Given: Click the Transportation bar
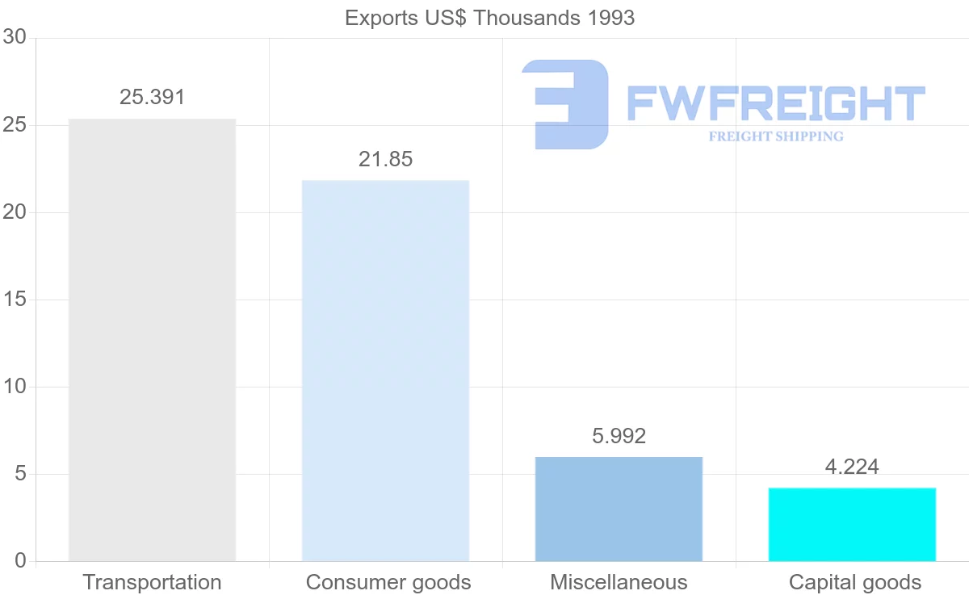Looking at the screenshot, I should pos(152,340).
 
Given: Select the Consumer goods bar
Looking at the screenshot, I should pos(385,371).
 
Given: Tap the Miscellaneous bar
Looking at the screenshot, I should pos(619,509).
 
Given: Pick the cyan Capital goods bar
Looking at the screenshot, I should pos(852,524).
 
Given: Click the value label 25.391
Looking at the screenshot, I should pos(153,98).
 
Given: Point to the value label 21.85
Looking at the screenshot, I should pos(385,159).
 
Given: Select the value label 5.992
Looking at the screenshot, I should pos(619,436).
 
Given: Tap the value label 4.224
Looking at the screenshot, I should pos(852,467).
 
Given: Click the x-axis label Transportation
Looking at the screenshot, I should pos(152,582).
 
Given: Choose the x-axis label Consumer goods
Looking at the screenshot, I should pos(388,582).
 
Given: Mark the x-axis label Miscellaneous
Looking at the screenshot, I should pos(619,582).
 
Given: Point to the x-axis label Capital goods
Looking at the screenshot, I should pos(855,582).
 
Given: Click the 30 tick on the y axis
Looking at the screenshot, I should pos(15,38).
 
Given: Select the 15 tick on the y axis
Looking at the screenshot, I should pos(15,300).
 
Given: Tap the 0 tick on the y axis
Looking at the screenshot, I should pos(20,561).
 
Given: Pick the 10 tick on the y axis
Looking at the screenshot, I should pos(15,387).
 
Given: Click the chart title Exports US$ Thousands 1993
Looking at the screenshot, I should pos(489,18).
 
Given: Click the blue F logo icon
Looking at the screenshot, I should pos(565,103).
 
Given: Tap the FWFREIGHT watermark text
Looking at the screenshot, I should pos(775,103).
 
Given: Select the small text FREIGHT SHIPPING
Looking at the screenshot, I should pos(776,136).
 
